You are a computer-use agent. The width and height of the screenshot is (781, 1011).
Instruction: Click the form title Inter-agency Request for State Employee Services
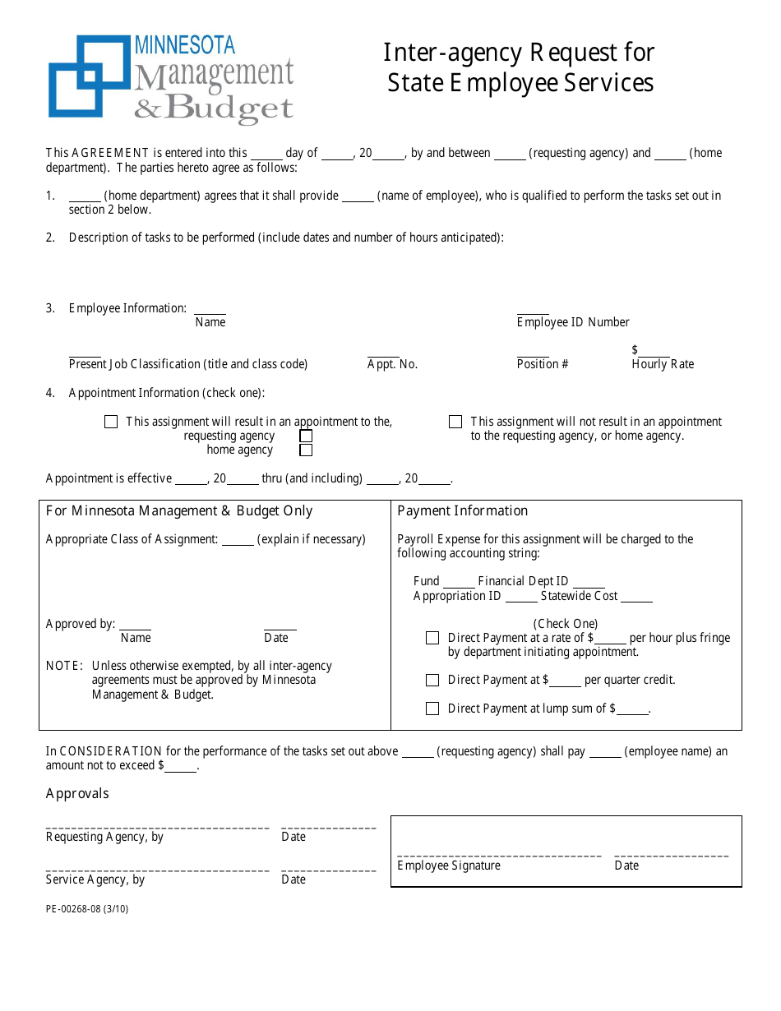point(520,67)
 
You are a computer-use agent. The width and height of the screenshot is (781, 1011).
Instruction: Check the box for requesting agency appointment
point(306,436)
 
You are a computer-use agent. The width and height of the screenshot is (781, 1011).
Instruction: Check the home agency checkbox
point(306,450)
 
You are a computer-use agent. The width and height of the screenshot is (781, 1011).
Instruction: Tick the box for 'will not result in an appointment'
point(455,422)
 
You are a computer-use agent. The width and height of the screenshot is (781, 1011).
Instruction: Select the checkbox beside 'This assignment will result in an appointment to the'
point(111,422)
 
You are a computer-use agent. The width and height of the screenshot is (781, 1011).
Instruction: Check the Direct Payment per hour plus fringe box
point(432,638)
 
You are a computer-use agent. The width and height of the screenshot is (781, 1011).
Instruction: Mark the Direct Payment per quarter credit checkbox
point(432,681)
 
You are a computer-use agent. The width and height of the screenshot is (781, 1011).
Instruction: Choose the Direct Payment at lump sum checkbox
point(432,709)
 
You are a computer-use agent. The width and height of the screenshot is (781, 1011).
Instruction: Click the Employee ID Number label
point(573,322)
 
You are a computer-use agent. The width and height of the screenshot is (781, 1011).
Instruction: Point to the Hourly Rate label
point(663,364)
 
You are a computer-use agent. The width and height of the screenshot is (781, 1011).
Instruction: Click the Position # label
point(543,364)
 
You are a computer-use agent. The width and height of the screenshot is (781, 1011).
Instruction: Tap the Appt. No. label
point(392,364)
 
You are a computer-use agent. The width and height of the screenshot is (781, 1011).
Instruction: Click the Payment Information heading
point(463,511)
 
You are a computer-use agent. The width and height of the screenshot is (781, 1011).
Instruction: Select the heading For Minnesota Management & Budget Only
point(179,511)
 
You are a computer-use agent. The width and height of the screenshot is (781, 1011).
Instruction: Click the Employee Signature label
point(449,866)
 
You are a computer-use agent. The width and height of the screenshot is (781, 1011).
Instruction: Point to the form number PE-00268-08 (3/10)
point(87,909)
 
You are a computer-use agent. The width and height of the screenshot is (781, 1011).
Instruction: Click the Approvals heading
point(77,793)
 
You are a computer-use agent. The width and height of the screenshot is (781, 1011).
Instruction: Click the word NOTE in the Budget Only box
point(63,666)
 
